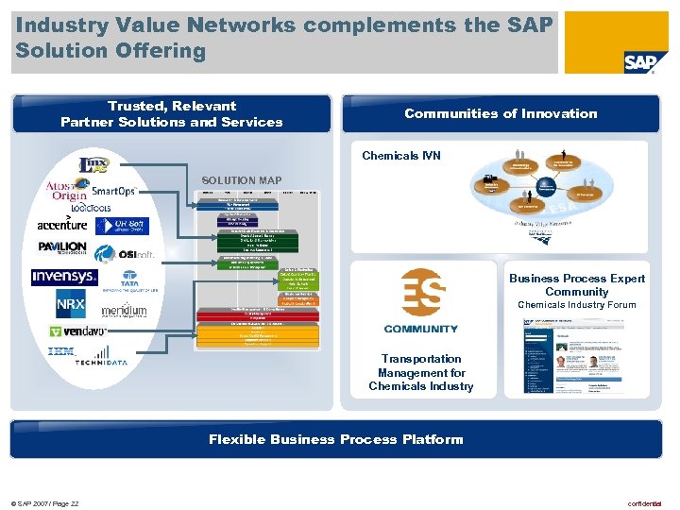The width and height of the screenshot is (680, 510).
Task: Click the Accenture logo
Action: (62, 224)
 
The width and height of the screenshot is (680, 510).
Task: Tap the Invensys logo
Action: (64, 277)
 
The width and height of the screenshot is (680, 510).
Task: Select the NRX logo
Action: (71, 306)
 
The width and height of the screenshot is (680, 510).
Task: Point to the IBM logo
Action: (61, 352)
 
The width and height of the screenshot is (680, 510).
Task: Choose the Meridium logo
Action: (124, 310)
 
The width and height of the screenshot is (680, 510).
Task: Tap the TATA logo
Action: (128, 281)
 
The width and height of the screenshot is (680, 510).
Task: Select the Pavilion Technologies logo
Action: (62, 247)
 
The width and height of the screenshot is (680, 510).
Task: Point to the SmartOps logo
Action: (113, 191)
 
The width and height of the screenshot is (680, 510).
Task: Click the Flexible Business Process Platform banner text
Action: (336, 438)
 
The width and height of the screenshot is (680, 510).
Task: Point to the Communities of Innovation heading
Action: (501, 113)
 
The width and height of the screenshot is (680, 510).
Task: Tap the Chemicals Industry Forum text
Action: (577, 305)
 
